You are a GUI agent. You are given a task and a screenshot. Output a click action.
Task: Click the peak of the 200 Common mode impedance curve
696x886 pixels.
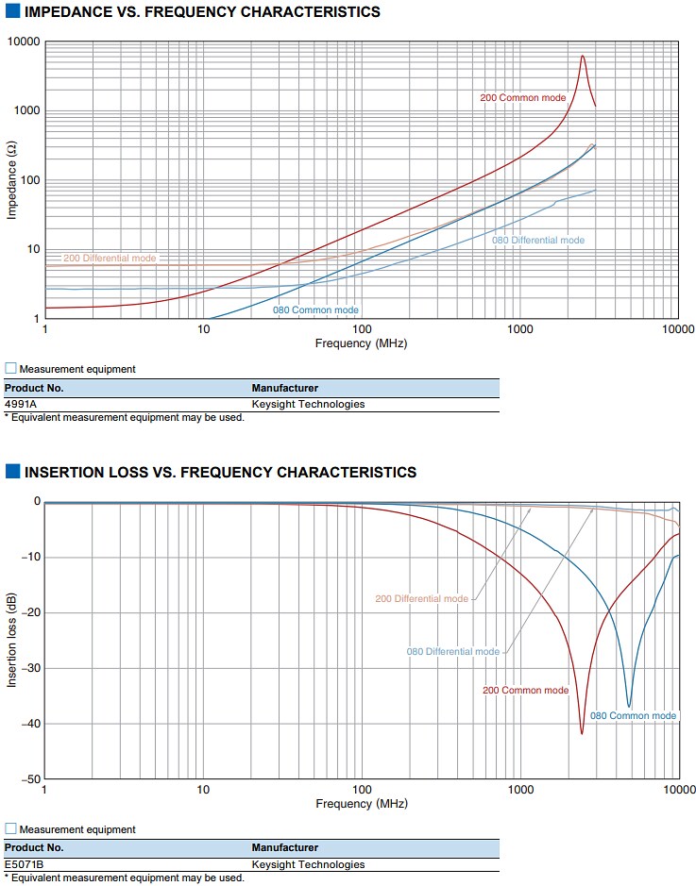point(583,56)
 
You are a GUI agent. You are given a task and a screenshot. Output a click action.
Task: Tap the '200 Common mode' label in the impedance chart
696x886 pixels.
point(523,97)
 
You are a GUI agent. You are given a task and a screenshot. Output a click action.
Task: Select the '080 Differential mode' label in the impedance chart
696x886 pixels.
point(538,241)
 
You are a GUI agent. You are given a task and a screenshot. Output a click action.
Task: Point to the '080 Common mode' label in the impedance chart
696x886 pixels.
point(315,309)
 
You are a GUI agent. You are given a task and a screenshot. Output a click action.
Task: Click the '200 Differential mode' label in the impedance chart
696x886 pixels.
point(110,258)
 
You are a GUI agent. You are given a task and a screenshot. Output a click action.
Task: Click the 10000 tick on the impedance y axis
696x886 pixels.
point(24,42)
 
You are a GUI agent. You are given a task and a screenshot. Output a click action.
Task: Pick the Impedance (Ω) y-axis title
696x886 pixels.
point(12,180)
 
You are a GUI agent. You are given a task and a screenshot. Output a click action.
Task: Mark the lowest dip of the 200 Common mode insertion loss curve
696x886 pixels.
point(582,732)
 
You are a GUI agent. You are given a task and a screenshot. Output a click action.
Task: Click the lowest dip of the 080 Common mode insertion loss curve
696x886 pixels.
point(629,706)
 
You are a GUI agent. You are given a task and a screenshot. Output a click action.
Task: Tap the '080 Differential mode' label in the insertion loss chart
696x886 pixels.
point(453,652)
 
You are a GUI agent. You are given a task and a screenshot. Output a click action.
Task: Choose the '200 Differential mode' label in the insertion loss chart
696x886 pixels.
point(421,599)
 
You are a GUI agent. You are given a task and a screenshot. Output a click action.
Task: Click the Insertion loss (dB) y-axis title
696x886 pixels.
point(12,640)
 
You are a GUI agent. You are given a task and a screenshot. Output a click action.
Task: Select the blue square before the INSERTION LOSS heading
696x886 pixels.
point(12,472)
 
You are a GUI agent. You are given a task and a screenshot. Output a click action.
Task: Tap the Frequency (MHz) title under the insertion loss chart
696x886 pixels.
point(361,804)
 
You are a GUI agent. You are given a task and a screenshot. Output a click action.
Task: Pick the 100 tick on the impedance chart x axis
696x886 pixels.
point(362,329)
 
